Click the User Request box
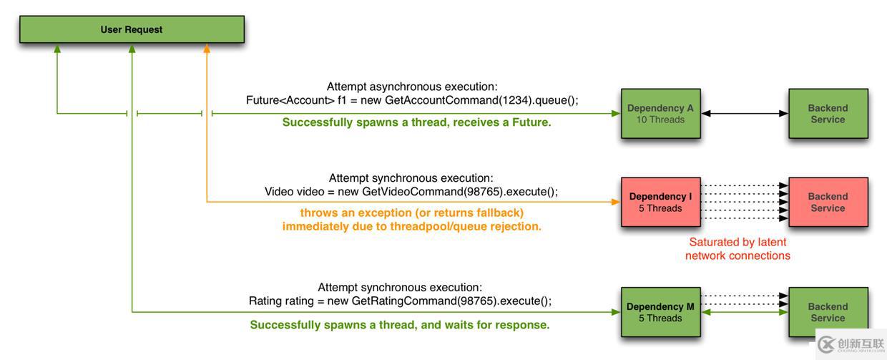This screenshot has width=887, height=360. tap(132, 29)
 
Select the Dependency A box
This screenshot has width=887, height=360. tap(660, 114)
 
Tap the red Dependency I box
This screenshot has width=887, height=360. tap(660, 202)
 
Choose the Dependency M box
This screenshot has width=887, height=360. tap(660, 312)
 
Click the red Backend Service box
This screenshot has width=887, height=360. tap(828, 202)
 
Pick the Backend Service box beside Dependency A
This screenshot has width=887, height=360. tap(828, 114)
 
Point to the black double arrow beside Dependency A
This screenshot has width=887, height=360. tap(745, 114)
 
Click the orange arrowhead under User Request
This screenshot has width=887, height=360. tap(207, 49)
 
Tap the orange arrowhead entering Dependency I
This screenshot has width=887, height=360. tap(616, 202)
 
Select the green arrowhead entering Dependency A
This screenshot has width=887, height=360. tap(616, 114)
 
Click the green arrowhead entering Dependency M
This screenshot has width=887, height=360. tap(616, 312)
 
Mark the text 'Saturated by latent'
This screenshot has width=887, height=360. tap(737, 242)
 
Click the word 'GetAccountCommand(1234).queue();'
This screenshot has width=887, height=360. tap(481, 100)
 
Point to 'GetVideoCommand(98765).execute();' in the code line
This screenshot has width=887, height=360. tap(460, 192)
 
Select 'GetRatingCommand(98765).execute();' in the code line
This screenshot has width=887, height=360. tap(451, 301)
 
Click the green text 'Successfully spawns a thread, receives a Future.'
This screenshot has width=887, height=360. tap(416, 122)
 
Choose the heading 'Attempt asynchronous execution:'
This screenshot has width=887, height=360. tap(412, 87)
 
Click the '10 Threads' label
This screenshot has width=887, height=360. tap(660, 120)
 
